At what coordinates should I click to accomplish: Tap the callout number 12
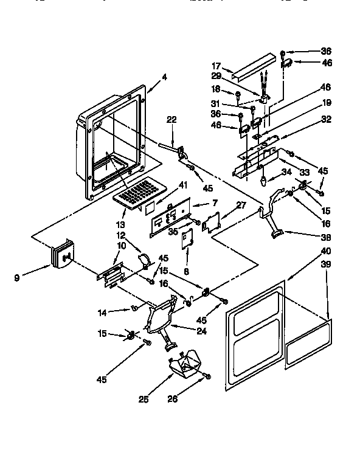(x=121, y=236)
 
